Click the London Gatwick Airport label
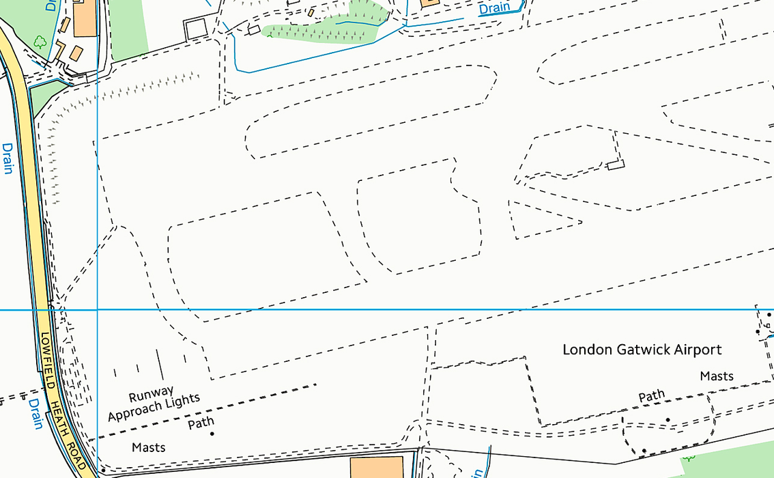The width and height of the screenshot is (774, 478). pyautogui.click(x=642, y=350)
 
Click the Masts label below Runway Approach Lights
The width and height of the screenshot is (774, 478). pyautogui.click(x=149, y=448)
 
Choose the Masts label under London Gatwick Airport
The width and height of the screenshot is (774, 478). pyautogui.click(x=717, y=376)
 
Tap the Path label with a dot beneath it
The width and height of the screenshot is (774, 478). pyautogui.click(x=201, y=423)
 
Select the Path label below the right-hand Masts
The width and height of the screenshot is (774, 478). pyautogui.click(x=651, y=396)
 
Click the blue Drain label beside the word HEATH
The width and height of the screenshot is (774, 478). pyautogui.click(x=35, y=414)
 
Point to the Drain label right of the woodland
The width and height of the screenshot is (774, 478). pyautogui.click(x=495, y=8)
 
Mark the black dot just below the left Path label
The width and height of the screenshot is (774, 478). pyautogui.click(x=212, y=434)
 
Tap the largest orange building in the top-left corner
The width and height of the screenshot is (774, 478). pyautogui.click(x=86, y=19)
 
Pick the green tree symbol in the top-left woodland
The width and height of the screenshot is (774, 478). pyautogui.click(x=40, y=41)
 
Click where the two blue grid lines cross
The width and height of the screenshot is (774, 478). pyautogui.click(x=98, y=309)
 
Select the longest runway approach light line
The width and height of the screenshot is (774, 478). pyautogui.click(x=160, y=365)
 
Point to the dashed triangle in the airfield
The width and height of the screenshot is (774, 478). pyautogui.click(x=539, y=220)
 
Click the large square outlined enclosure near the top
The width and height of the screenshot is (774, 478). pyautogui.click(x=196, y=29)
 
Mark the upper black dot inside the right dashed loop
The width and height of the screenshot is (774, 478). pyautogui.click(x=668, y=419)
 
